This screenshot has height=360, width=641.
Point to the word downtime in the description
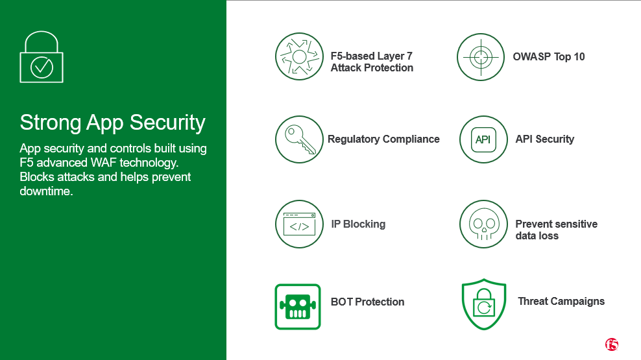point(46,191)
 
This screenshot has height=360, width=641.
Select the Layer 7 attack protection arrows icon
point(299,56)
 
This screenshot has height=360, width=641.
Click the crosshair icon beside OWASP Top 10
point(481,57)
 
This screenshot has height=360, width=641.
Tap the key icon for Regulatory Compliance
point(299,139)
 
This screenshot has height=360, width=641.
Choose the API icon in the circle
point(483,139)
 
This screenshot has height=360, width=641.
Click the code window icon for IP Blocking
point(299,224)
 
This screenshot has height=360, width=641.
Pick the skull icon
point(483,224)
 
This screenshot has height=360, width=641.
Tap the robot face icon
point(298,307)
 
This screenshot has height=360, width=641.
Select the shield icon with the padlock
point(484,304)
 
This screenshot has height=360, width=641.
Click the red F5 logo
point(612,344)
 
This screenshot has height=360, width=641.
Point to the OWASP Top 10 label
point(549,57)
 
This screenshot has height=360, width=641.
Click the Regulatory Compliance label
point(383,139)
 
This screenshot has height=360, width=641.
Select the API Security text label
point(544,139)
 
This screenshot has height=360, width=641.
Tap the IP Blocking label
point(358,224)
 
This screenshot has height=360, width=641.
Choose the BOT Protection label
point(367,302)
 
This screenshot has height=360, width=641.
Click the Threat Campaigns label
point(561,302)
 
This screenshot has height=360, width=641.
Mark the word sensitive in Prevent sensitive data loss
point(574,224)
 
